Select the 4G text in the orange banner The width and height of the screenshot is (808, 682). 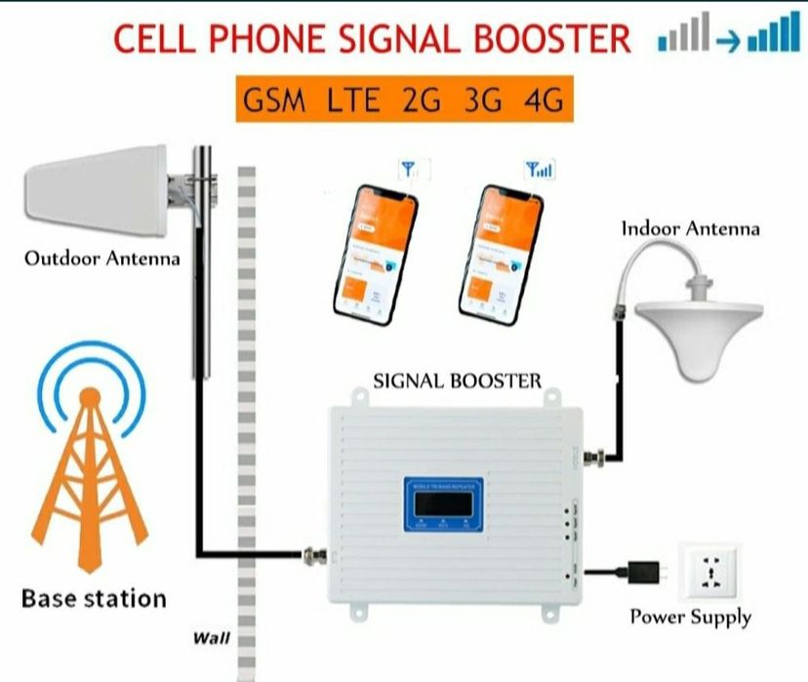pos(542,100)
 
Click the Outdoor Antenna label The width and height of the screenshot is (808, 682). pos(102,259)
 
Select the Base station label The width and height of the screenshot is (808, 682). pos(94,598)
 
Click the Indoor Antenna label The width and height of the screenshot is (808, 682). pos(690,229)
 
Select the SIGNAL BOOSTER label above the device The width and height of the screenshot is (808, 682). pos(457,381)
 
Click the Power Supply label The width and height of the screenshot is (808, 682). pos(690,617)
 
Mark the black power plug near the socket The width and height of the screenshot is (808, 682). pos(645,569)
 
